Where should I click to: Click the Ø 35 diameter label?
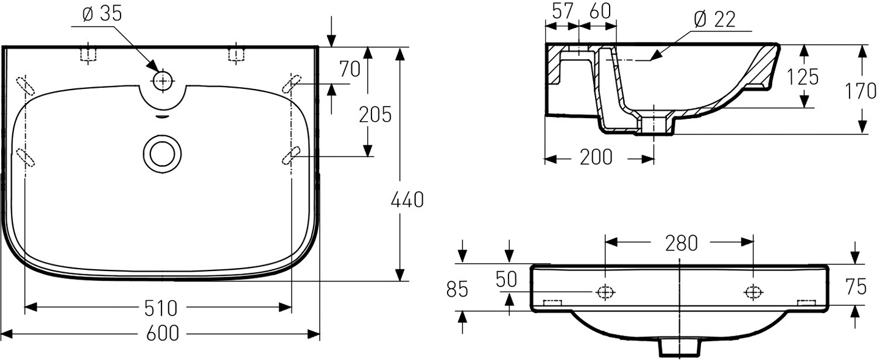(x=102, y=15)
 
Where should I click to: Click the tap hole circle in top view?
(x=163, y=80)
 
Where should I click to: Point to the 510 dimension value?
(x=161, y=308)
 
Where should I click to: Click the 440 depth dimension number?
(x=406, y=200)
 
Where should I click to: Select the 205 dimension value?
(x=375, y=114)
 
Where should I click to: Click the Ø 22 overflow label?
(x=714, y=19)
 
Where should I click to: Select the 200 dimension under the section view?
(x=596, y=157)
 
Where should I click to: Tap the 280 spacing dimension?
(x=681, y=243)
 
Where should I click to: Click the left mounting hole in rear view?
(x=605, y=292)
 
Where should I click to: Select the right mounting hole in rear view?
(x=753, y=292)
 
